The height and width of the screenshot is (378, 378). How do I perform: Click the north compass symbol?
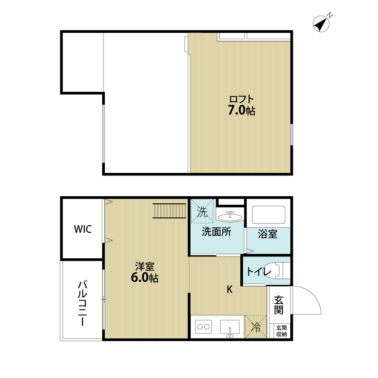tap(321, 23)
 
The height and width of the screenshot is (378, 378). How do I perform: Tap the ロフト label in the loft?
tap(242, 99)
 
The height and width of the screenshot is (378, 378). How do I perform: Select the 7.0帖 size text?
tap(242, 111)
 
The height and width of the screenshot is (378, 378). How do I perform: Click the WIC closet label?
tap(83, 229)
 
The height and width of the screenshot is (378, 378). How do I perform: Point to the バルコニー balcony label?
tap(82, 303)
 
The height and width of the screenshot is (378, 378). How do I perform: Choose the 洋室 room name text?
tap(144, 266)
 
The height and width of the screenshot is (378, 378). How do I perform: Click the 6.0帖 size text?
tap(144, 278)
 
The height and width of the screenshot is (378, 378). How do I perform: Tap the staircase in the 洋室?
tap(169, 211)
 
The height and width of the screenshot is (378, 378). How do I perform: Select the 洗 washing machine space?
tap(202, 211)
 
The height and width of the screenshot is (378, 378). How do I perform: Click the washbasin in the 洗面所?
tap(230, 216)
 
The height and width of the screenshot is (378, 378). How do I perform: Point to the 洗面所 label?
tap(216, 232)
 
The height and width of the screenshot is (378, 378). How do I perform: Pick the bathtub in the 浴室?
tap(269, 215)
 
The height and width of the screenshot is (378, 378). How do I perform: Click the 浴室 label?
tap(268, 234)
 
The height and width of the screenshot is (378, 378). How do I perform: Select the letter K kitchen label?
tap(230, 289)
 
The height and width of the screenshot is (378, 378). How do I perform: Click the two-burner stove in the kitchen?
tap(203, 327)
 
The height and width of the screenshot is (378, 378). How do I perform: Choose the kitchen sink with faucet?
tap(230, 328)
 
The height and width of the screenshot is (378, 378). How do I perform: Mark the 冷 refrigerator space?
tap(256, 327)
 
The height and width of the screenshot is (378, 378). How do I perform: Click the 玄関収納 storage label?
tap(281, 331)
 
